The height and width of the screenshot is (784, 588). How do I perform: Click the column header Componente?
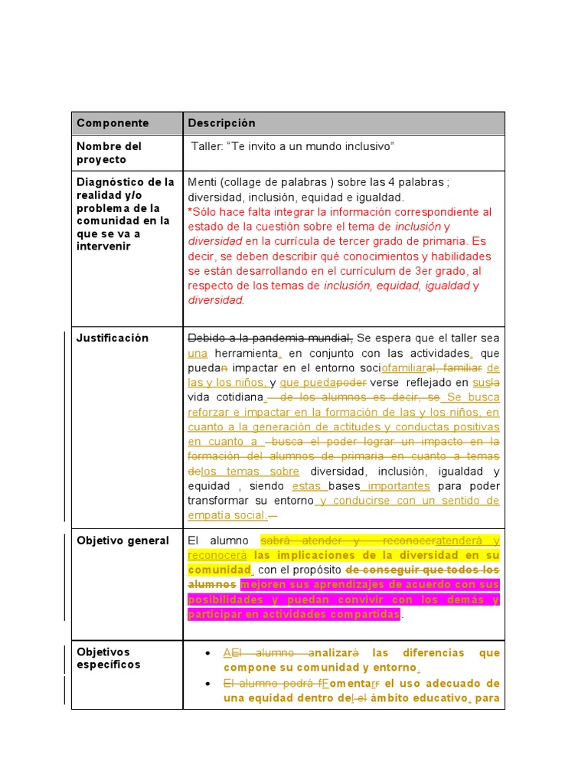tap(113, 123)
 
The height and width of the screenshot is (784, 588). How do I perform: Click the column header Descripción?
tap(222, 123)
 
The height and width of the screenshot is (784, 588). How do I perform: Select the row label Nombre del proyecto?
tap(109, 153)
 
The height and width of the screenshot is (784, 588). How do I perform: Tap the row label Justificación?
tap(113, 338)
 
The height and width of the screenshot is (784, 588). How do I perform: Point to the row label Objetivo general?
tap(122, 541)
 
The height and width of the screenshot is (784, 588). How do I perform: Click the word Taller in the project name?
tap(206, 146)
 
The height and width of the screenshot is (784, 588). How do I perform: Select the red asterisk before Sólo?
tap(191, 212)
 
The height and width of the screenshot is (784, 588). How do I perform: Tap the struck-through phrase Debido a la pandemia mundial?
tap(270, 338)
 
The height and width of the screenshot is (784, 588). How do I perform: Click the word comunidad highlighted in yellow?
tap(220, 570)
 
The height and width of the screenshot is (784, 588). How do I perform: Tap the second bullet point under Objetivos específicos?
tap(208, 684)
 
